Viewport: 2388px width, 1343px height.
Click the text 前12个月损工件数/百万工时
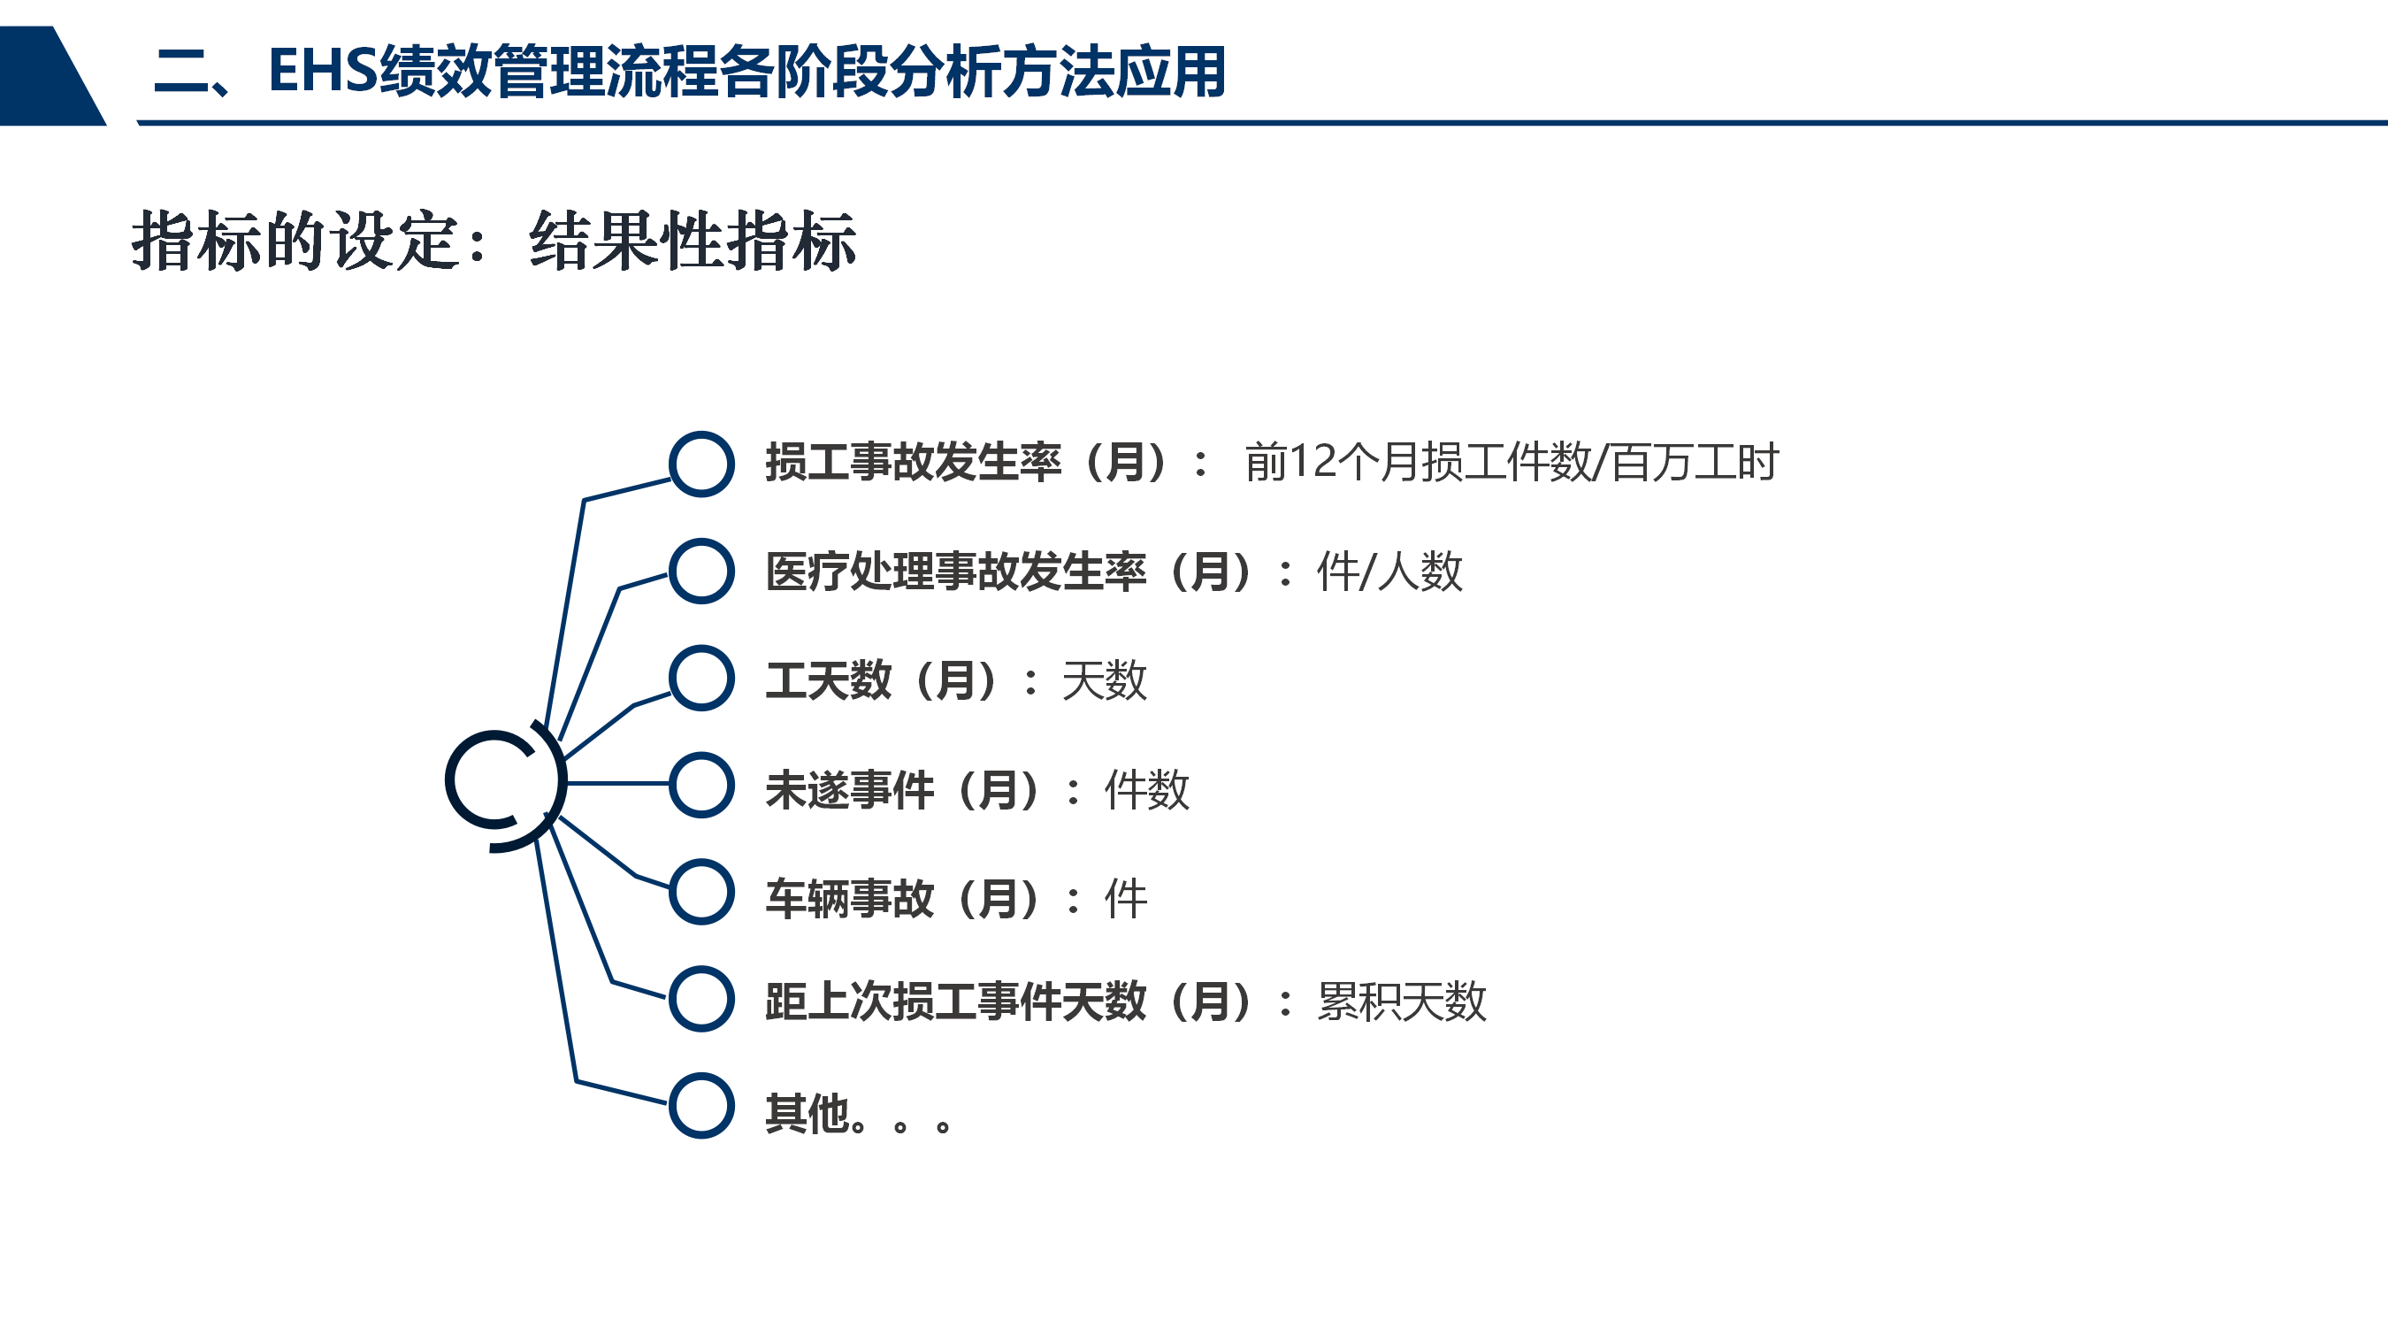tap(1511, 462)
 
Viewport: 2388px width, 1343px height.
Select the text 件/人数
tap(1389, 571)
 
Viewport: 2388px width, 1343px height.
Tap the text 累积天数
tap(1402, 1001)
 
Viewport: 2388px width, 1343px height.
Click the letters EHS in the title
tap(323, 71)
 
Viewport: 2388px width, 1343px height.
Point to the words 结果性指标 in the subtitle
tap(693, 242)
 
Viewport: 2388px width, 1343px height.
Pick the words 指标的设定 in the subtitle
tap(295, 242)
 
